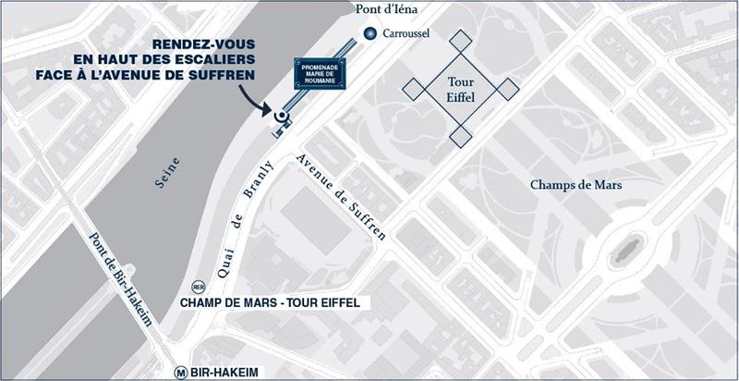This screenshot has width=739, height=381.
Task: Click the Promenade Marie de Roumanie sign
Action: (320, 74)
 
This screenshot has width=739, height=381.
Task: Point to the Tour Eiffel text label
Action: (461, 88)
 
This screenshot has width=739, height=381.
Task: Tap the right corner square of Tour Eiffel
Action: (508, 89)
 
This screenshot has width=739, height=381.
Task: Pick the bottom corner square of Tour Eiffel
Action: (461, 136)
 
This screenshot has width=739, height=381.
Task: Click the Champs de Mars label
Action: (575, 185)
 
